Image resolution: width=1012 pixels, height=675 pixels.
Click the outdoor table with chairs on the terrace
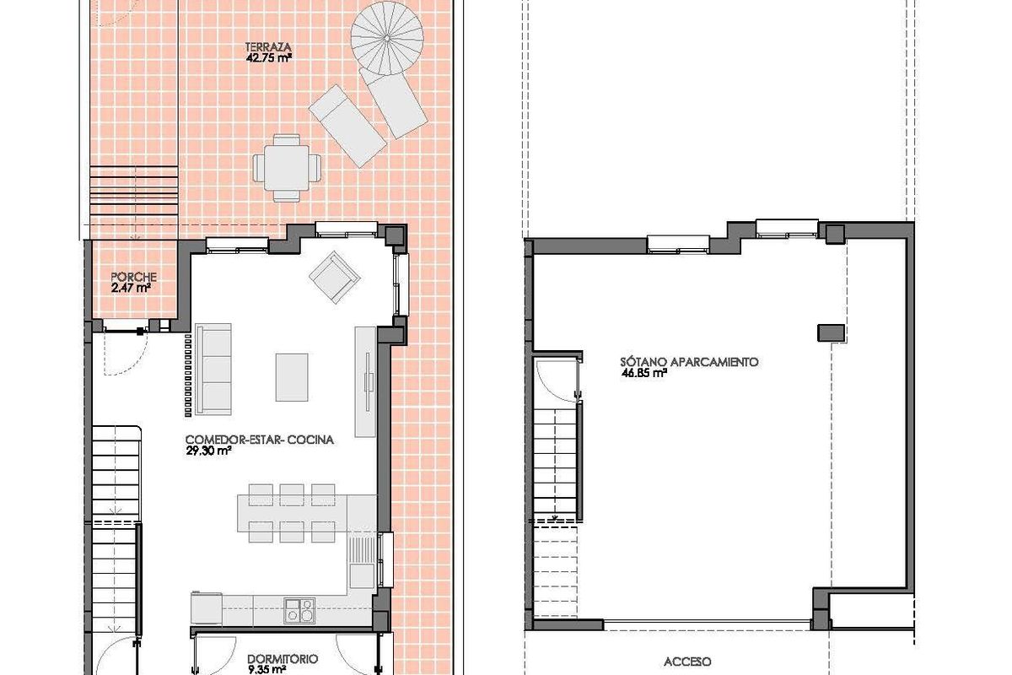287,166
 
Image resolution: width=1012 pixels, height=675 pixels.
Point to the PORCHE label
133,277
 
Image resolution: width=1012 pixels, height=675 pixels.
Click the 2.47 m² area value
131,288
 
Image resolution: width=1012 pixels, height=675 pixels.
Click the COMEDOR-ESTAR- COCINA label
260,440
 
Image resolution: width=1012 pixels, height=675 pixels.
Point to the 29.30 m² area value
208,451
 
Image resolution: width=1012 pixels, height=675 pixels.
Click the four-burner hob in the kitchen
299,609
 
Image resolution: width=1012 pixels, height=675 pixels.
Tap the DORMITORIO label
283,660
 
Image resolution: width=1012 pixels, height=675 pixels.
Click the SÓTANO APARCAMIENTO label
690,361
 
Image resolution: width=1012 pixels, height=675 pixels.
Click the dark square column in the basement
831,332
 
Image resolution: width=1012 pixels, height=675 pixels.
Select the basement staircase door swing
557,377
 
